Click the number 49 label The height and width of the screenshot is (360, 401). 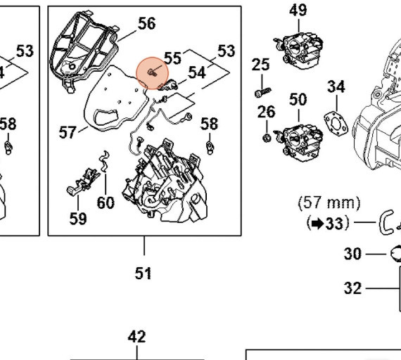click(298, 11)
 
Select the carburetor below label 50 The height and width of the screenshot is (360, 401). click(298, 141)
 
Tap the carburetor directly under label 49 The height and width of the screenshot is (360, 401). click(298, 51)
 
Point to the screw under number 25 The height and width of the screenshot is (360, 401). click(263, 92)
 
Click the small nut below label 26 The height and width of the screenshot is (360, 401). click(267, 138)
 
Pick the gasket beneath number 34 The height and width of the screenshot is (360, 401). click(336, 124)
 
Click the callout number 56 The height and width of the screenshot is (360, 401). click(146, 23)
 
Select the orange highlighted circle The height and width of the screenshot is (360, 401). click(153, 73)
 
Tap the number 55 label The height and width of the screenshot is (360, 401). click(172, 58)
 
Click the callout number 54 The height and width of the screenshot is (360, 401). click(197, 72)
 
